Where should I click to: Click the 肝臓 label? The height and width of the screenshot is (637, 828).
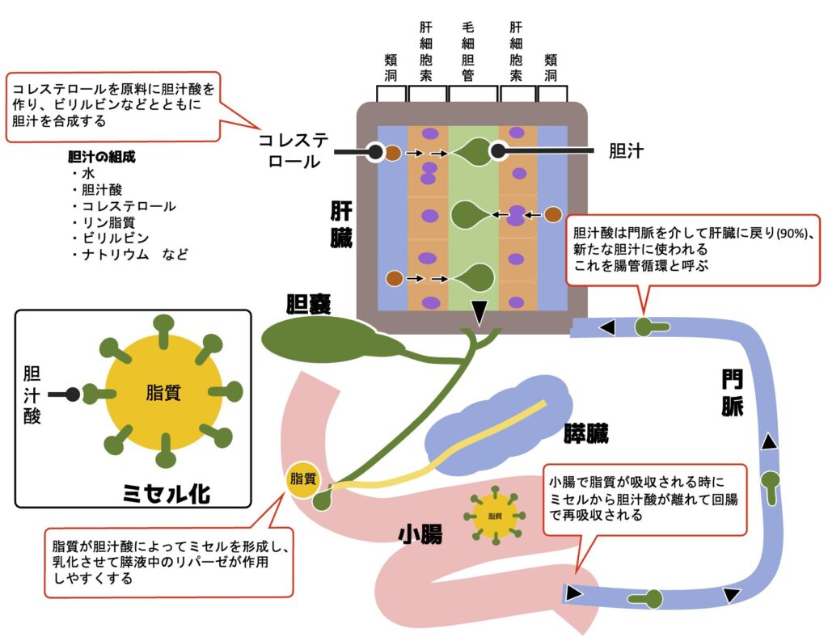click(x=341, y=226)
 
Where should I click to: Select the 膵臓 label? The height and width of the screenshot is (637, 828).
click(x=586, y=433)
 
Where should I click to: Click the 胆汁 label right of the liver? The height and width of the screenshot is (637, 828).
click(x=625, y=150)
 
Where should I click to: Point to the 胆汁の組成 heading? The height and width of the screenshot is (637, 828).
click(x=102, y=157)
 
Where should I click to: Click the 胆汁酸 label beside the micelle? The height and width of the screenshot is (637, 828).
click(x=34, y=394)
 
